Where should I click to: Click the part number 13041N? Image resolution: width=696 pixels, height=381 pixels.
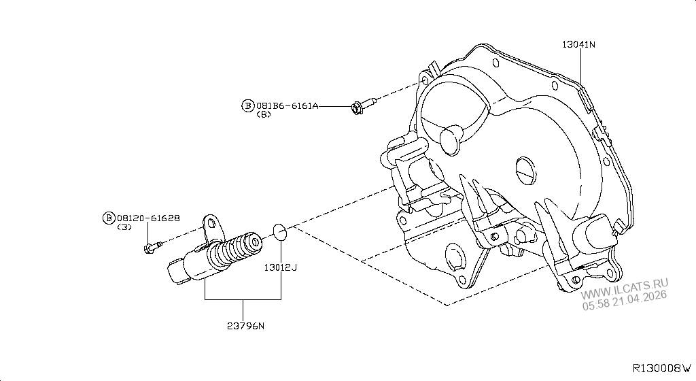click(x=578, y=44)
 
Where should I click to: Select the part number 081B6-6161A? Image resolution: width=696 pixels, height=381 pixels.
click(x=286, y=105)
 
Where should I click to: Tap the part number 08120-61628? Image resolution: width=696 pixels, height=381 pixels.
click(x=149, y=218)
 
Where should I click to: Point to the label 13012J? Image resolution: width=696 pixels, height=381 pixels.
click(x=281, y=267)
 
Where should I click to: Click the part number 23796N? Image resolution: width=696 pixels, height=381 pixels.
click(x=246, y=325)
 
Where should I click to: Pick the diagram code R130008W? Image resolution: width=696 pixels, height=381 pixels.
click(x=661, y=368)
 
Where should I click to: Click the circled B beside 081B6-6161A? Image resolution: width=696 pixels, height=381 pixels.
click(x=248, y=105)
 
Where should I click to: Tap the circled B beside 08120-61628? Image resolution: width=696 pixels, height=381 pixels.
click(x=108, y=218)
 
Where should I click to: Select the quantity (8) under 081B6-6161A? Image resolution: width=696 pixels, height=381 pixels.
click(x=264, y=115)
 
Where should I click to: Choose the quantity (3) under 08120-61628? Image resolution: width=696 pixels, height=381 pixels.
click(x=124, y=227)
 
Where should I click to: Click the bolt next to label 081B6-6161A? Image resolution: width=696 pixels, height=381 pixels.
click(x=361, y=106)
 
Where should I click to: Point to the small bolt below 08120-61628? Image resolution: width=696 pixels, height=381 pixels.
click(x=152, y=246)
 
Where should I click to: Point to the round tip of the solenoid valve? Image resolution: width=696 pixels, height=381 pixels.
click(x=255, y=241)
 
